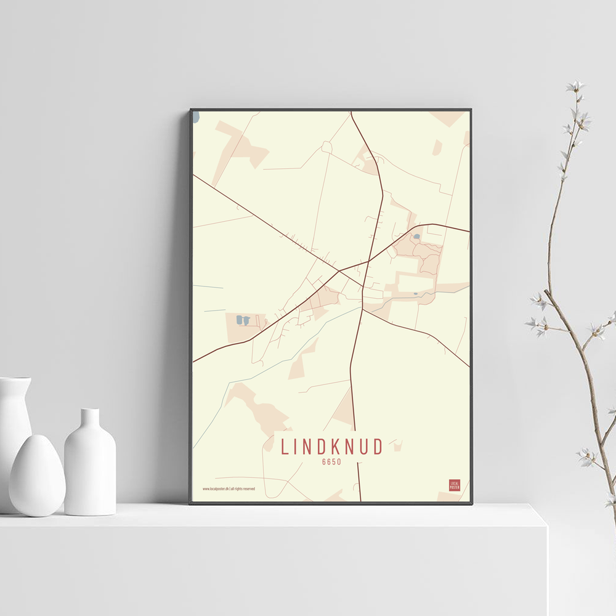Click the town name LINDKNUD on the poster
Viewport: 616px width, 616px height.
(x=332, y=447)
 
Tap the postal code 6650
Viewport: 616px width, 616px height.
(x=331, y=461)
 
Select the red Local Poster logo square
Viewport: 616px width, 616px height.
(x=455, y=485)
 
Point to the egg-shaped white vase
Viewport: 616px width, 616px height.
(x=37, y=475)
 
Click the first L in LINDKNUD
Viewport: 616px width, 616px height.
(x=284, y=447)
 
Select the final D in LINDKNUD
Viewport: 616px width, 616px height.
(x=377, y=447)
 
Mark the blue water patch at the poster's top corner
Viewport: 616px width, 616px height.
(x=195, y=116)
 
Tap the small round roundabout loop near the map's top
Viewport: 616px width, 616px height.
(x=326, y=147)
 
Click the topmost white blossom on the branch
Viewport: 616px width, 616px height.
(x=575, y=86)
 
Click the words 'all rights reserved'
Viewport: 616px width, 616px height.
(x=243, y=488)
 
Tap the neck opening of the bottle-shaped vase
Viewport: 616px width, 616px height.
(x=90, y=411)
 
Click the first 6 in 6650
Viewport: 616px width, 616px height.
(x=324, y=461)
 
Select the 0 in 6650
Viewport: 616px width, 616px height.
(x=339, y=461)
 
